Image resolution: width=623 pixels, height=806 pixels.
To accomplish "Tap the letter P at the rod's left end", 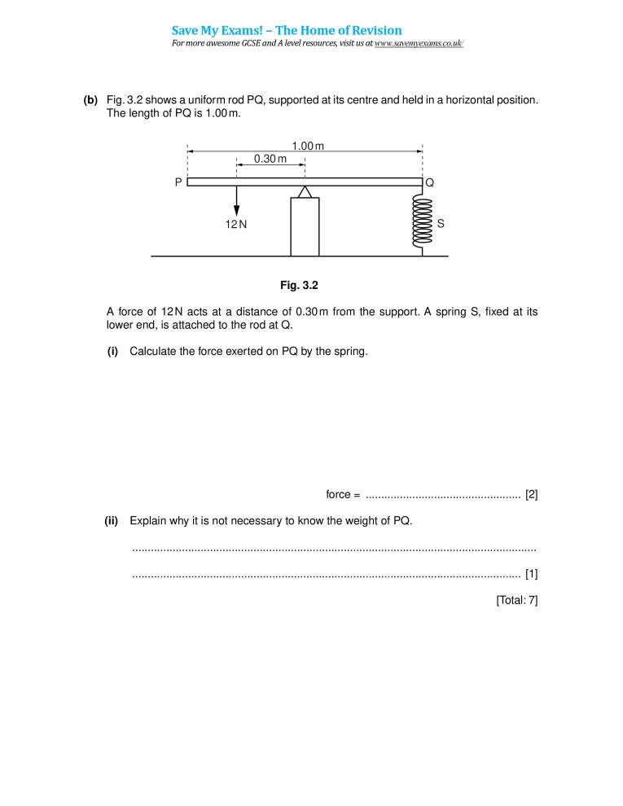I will pos(178,183).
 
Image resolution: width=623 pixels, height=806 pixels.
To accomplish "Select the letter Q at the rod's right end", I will pos(430,183).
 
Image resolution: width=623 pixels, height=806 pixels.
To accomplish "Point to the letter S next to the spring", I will pos(441,222).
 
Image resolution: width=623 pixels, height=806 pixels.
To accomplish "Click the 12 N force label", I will pos(236,223).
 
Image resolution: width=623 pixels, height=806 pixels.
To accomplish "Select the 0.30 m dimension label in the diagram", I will pos(270,159).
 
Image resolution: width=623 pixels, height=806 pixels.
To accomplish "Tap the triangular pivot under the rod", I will pos(305,192).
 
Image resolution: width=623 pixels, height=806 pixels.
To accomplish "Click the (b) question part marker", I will pos(90,100).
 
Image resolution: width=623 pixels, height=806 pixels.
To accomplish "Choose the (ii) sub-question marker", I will pos(112,521).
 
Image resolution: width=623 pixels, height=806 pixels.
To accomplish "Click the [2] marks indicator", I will pos(531,494).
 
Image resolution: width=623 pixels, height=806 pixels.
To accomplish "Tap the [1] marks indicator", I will pos(531,574).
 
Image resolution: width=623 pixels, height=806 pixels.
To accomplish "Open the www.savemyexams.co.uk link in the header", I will pos(419,43).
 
